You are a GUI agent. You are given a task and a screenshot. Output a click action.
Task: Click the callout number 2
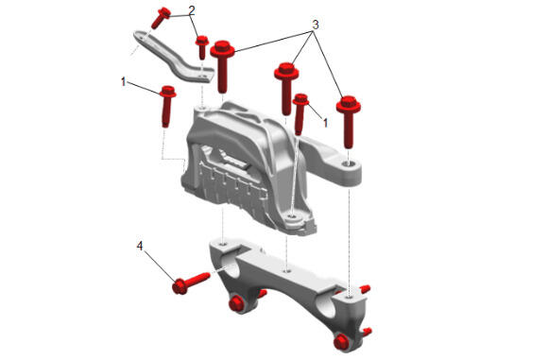click(191, 10)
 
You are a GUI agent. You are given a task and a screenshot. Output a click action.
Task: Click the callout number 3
click(316, 25)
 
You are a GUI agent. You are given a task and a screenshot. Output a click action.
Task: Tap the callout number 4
click(140, 246)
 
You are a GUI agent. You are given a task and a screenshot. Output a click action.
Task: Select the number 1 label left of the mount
click(123, 82)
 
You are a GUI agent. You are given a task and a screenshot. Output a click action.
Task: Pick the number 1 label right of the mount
click(325, 123)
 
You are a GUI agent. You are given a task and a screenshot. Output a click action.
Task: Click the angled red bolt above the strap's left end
click(161, 18)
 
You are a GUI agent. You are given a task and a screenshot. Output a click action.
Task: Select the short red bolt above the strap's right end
click(202, 47)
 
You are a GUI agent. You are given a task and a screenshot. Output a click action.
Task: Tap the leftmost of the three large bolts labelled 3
click(222, 67)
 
